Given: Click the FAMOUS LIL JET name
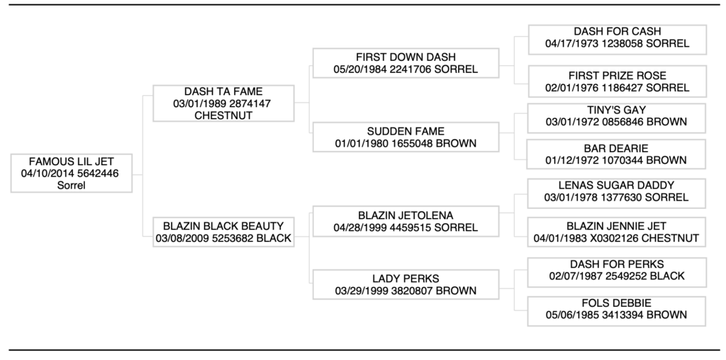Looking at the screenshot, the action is tap(72, 162).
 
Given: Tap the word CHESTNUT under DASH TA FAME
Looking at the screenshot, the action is tap(223, 116).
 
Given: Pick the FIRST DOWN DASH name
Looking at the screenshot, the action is tap(406, 57).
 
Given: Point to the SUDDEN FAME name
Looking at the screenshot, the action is tap(406, 131).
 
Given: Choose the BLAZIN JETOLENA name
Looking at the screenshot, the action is tap(406, 215).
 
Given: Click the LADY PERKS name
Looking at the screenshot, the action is tap(406, 279).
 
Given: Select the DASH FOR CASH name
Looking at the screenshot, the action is tap(618, 31).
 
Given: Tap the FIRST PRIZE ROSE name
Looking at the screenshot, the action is tap(618, 76).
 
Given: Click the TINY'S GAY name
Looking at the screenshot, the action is tap(616, 110).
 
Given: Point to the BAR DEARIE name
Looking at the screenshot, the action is tap(616, 149).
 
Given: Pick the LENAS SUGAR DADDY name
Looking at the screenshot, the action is tap(616, 186).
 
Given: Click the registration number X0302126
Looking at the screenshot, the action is tap(605, 238).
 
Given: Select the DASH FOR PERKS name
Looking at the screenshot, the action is tap(617, 264).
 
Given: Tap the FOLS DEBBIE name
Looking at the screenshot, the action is tap(616, 303).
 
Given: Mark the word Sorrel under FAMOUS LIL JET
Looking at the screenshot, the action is tap(72, 186).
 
